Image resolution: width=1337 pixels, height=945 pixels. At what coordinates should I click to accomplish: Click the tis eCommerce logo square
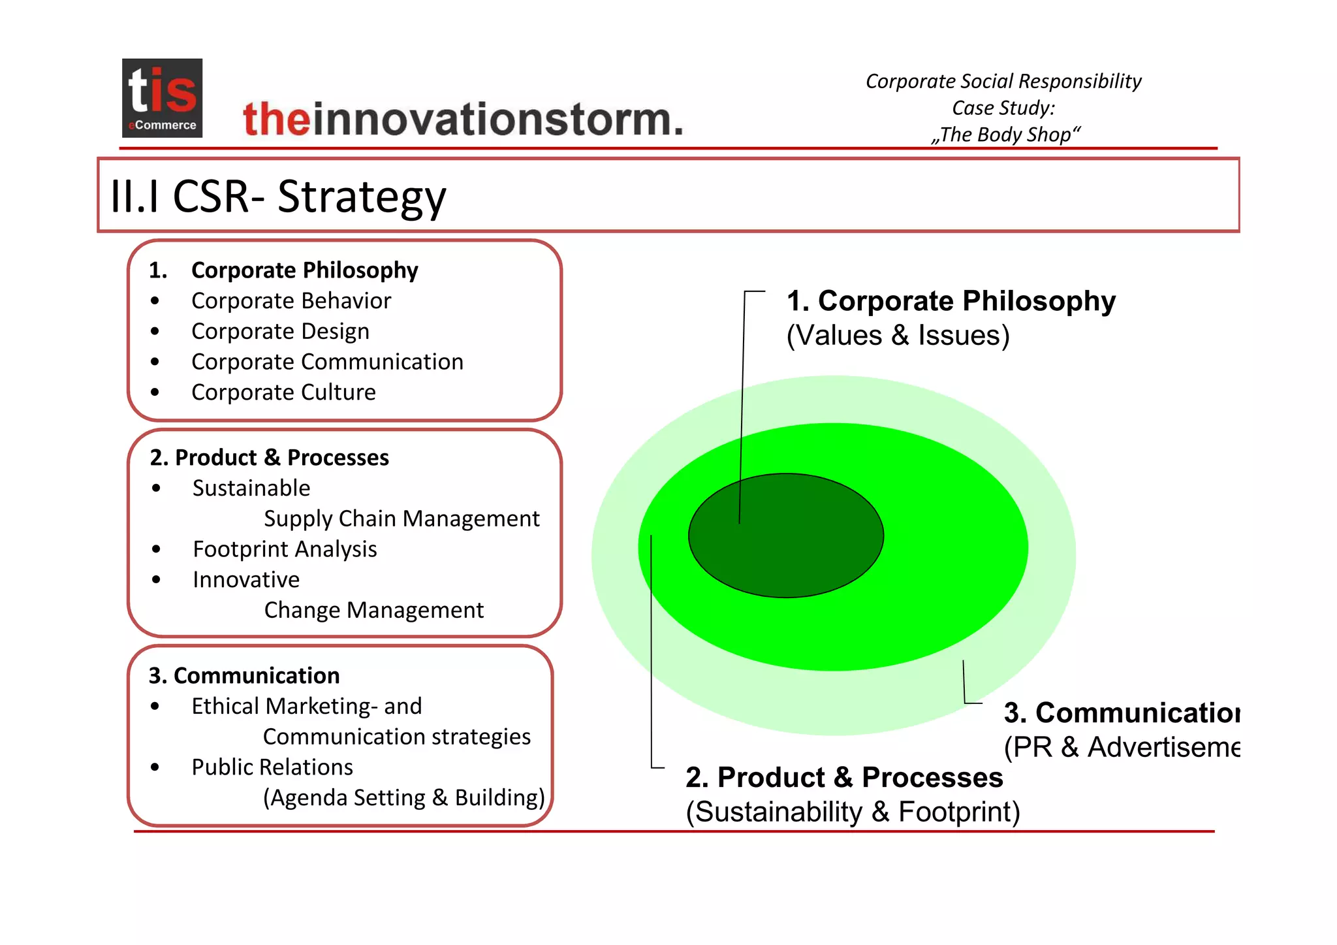tap(162, 98)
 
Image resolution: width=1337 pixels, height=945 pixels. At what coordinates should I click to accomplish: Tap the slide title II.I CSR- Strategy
tap(278, 196)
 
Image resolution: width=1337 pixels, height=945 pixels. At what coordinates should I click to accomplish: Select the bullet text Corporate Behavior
tap(291, 301)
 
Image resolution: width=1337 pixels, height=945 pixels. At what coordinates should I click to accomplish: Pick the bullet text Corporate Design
tap(280, 332)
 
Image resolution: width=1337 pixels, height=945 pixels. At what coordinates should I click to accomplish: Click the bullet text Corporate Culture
tap(283, 392)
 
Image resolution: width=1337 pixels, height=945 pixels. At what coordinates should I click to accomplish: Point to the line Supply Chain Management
tap(401, 519)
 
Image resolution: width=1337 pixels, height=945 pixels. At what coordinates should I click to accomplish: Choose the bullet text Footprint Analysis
tap(285, 549)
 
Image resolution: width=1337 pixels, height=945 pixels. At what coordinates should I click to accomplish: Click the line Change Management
tap(373, 610)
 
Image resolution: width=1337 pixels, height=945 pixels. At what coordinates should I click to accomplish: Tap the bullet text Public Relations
tap(272, 767)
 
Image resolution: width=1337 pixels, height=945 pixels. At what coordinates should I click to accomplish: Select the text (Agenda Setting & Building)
tap(403, 798)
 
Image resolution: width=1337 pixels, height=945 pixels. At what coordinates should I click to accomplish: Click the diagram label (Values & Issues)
tap(898, 336)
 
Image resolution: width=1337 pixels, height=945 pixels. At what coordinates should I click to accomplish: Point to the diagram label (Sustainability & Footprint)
tap(853, 812)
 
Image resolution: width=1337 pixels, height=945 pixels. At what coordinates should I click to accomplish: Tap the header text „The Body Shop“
tap(1005, 135)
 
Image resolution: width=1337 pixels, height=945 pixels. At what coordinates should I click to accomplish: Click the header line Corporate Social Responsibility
tap(1003, 81)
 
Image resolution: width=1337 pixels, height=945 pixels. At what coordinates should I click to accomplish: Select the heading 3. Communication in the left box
tap(244, 675)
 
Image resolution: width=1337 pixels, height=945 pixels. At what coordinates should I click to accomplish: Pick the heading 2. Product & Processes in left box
tap(269, 458)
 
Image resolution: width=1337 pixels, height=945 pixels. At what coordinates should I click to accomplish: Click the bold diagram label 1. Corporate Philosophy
tap(951, 301)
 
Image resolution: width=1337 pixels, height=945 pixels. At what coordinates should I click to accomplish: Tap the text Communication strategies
tap(396, 737)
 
